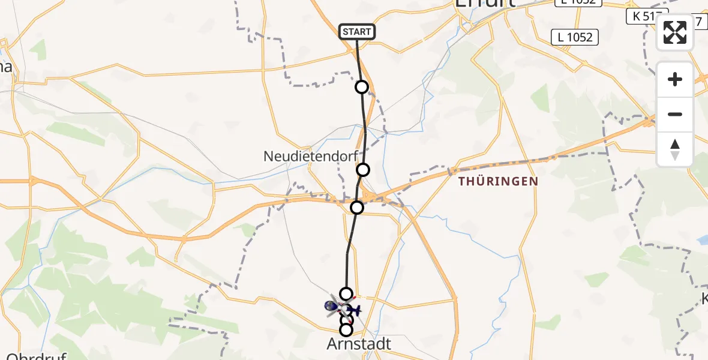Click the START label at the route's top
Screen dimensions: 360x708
[357, 32]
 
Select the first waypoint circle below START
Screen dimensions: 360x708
[362, 87]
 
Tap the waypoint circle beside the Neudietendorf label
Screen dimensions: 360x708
[363, 170]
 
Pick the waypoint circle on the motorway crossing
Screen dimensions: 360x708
[357, 208]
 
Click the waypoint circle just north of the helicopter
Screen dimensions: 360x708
[346, 293]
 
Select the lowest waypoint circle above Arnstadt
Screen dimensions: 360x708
[346, 329]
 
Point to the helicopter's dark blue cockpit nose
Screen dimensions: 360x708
[329, 306]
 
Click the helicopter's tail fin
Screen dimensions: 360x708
[358, 310]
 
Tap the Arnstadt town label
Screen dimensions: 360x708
[359, 344]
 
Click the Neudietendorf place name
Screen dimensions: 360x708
[310, 157]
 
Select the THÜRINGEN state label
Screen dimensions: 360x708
[498, 181]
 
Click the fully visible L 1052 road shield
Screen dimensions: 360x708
[575, 37]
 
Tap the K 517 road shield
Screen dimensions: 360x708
[647, 16]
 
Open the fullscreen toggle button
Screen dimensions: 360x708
[675, 32]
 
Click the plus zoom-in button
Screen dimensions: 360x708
[675, 79]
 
